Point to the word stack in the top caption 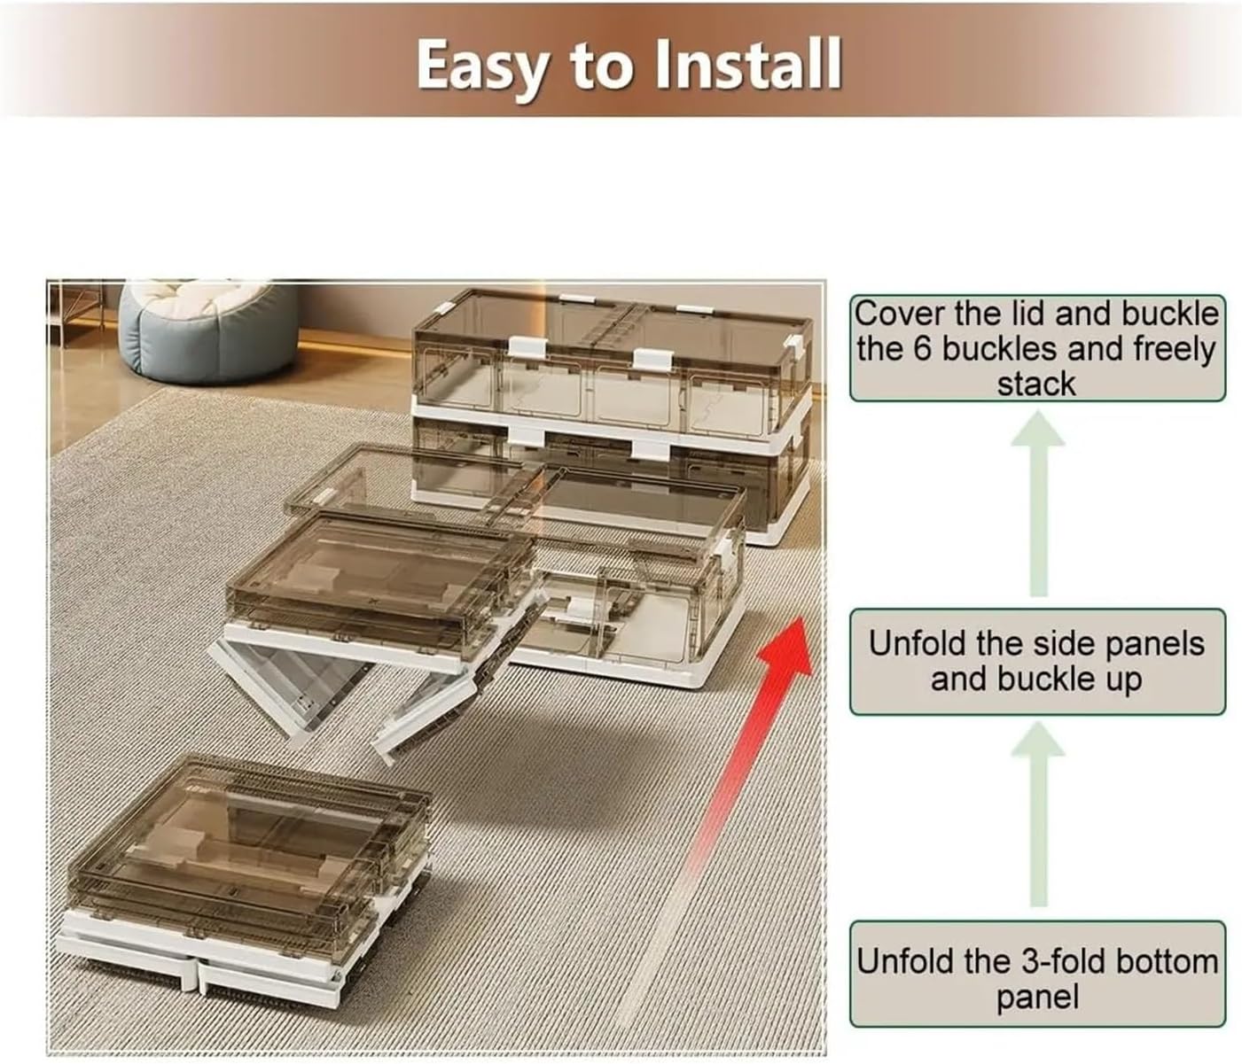tap(1036, 384)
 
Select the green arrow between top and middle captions tap(1037, 505)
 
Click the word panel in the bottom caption tap(1037, 998)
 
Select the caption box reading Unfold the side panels tap(1037, 661)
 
